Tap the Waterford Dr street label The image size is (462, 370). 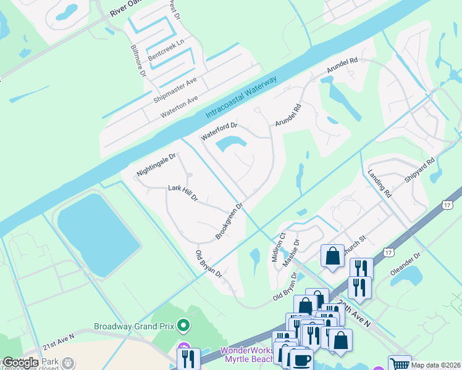219,131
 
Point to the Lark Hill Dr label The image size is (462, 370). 183,193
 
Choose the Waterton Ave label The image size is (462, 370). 179,107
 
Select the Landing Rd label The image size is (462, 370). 380,184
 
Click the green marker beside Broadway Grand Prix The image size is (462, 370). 182,325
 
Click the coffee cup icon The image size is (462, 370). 301,360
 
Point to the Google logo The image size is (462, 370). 20,362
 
